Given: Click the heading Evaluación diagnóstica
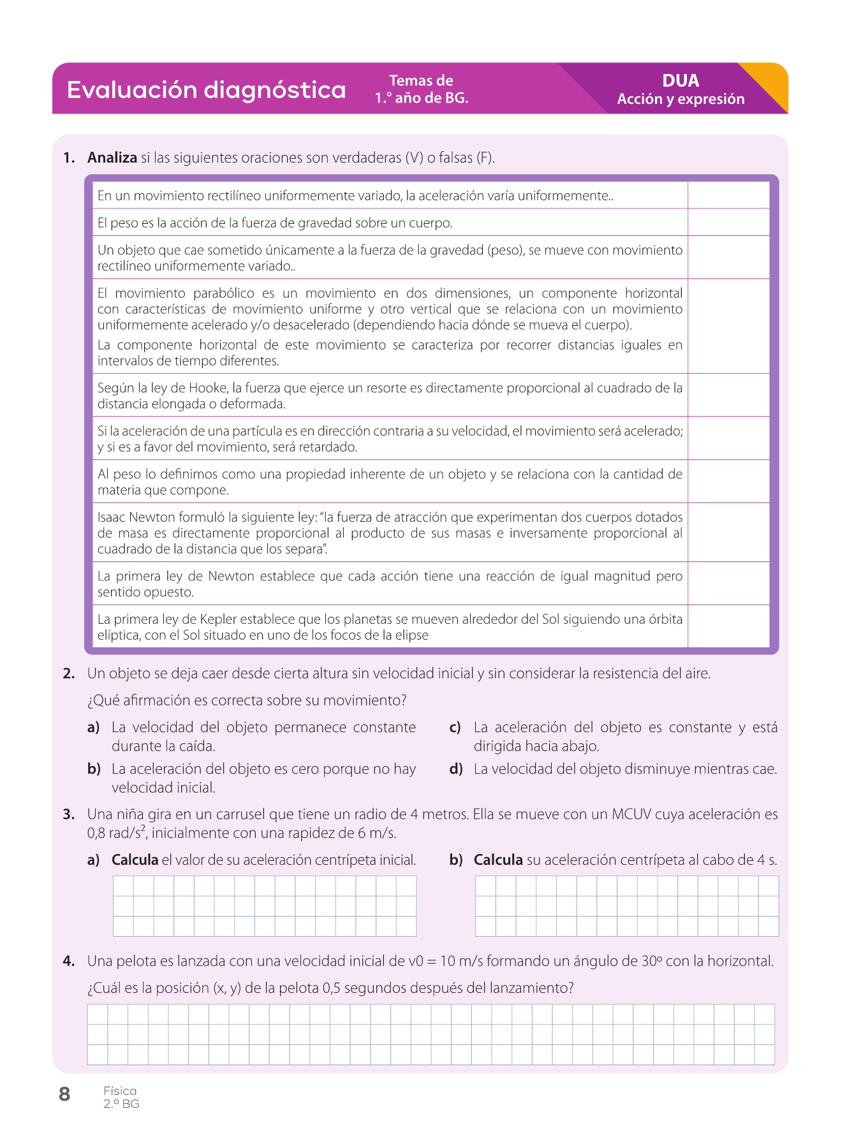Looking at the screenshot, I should [x=206, y=90].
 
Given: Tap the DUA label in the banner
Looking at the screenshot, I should [x=681, y=81].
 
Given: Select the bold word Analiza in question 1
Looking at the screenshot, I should [x=112, y=158].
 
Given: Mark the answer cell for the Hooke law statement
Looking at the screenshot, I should [x=728, y=395].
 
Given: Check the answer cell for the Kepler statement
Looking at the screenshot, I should [x=728, y=626].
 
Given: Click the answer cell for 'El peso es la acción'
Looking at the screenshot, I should [x=728, y=223].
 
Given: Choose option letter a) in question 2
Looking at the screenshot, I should [x=94, y=728].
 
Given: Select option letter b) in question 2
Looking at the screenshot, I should [x=94, y=769].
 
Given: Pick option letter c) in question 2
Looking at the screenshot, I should [x=455, y=728].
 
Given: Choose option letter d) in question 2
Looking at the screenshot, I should [x=455, y=769].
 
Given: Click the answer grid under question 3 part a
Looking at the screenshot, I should [x=265, y=906].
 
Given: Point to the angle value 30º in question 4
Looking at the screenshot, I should [x=651, y=961].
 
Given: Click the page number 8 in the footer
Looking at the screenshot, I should [x=64, y=1094].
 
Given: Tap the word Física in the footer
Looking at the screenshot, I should [x=120, y=1091].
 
